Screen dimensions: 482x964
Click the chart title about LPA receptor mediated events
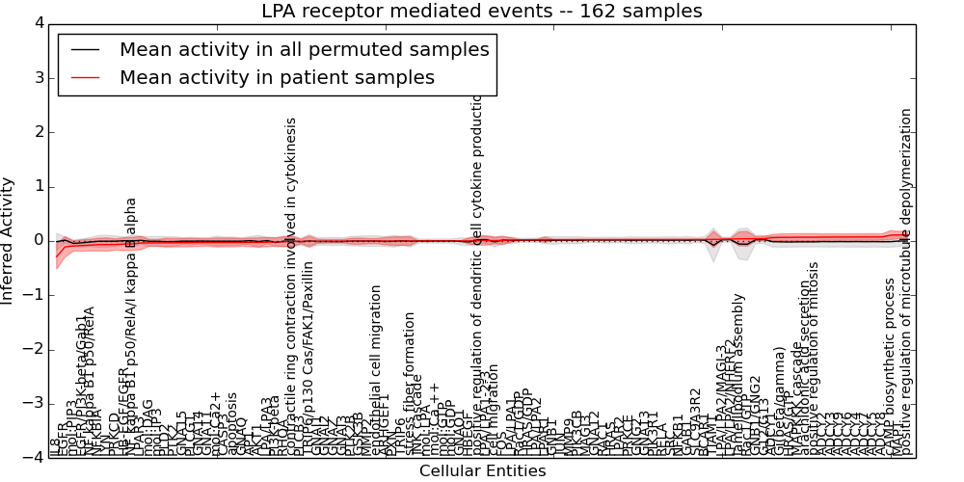482,12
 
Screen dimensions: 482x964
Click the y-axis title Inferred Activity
9,240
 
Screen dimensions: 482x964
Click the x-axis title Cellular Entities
482,470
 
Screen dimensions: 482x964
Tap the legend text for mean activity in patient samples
277,77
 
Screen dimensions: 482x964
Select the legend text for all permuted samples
304,49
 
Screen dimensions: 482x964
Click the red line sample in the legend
85,77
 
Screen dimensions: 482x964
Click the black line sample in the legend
85,49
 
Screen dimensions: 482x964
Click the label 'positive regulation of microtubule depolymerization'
905,281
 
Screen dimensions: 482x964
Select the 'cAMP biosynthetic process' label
891,367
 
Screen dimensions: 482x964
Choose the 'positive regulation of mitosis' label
814,358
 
